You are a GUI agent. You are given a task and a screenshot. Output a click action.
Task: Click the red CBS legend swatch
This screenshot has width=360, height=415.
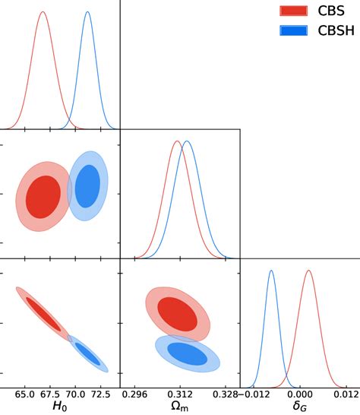(x=294, y=10)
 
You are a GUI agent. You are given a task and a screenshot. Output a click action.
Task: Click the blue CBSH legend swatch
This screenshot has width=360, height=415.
(x=294, y=30)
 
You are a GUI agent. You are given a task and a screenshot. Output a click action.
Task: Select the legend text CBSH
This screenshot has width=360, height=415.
(x=333, y=30)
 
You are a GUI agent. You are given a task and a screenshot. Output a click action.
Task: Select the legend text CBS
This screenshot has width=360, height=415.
(x=329, y=10)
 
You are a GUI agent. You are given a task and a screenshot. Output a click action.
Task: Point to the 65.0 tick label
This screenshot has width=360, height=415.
(x=24, y=394)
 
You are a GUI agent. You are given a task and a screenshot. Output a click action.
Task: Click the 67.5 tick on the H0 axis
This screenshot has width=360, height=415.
(x=50, y=394)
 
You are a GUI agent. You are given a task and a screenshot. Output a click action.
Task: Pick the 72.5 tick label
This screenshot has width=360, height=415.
(x=101, y=394)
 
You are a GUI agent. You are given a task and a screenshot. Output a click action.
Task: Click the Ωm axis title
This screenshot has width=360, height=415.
(x=179, y=407)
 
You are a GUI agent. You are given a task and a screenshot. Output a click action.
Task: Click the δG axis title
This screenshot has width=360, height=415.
(x=299, y=407)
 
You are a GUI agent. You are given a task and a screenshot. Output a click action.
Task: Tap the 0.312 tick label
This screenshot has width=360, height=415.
(x=179, y=394)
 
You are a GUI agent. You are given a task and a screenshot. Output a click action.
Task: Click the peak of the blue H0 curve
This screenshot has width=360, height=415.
(x=87, y=12)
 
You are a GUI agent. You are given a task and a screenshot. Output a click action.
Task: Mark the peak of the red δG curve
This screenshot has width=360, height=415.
(x=308, y=271)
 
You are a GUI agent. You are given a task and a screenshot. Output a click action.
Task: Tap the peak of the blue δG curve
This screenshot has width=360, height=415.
(x=271, y=271)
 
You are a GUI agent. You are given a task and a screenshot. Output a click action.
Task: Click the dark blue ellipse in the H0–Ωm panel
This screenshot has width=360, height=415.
(x=87, y=185)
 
